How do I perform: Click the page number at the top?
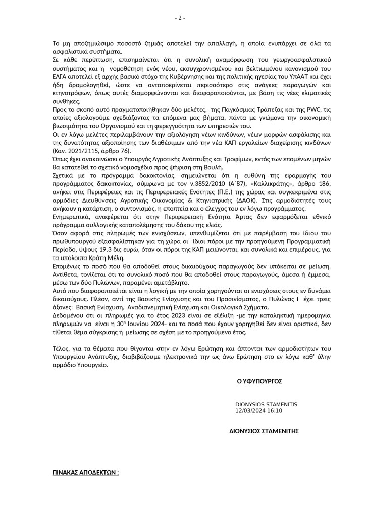(180, 18)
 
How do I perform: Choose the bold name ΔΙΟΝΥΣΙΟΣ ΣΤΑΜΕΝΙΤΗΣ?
(264, 431)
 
